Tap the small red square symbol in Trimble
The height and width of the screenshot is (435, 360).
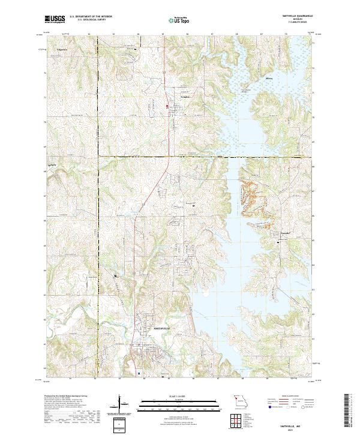click(x=167, y=107)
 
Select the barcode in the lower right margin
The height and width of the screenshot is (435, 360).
click(x=350, y=413)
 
